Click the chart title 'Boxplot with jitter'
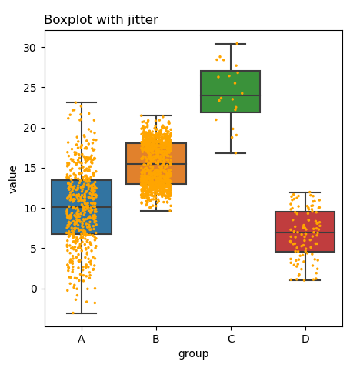(101, 20)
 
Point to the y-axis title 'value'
(13, 179)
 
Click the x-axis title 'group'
(193, 354)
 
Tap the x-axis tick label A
(82, 339)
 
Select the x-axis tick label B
(156, 339)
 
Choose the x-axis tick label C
(231, 339)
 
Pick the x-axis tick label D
(305, 339)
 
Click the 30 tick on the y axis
(32, 47)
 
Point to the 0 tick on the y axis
(35, 289)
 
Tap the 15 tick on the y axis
(32, 168)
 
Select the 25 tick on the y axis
(32, 87)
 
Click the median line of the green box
(231, 95)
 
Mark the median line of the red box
(305, 233)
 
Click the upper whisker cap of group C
(231, 44)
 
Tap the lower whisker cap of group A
(82, 313)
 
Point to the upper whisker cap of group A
(82, 102)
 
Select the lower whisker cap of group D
(305, 280)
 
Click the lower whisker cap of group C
(231, 153)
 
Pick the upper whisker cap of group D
(305, 192)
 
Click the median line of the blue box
(82, 207)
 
